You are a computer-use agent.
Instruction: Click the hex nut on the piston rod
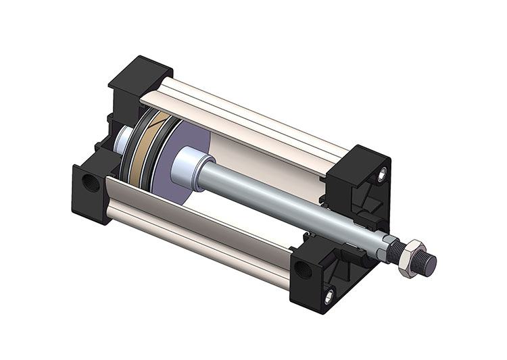pyautogui.click(x=407, y=259)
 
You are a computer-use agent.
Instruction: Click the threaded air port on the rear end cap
pyautogui.click(x=89, y=184)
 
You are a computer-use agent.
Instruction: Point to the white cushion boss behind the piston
pyautogui.click(x=124, y=141)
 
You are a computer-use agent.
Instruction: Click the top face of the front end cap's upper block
pyautogui.click(x=359, y=157)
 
